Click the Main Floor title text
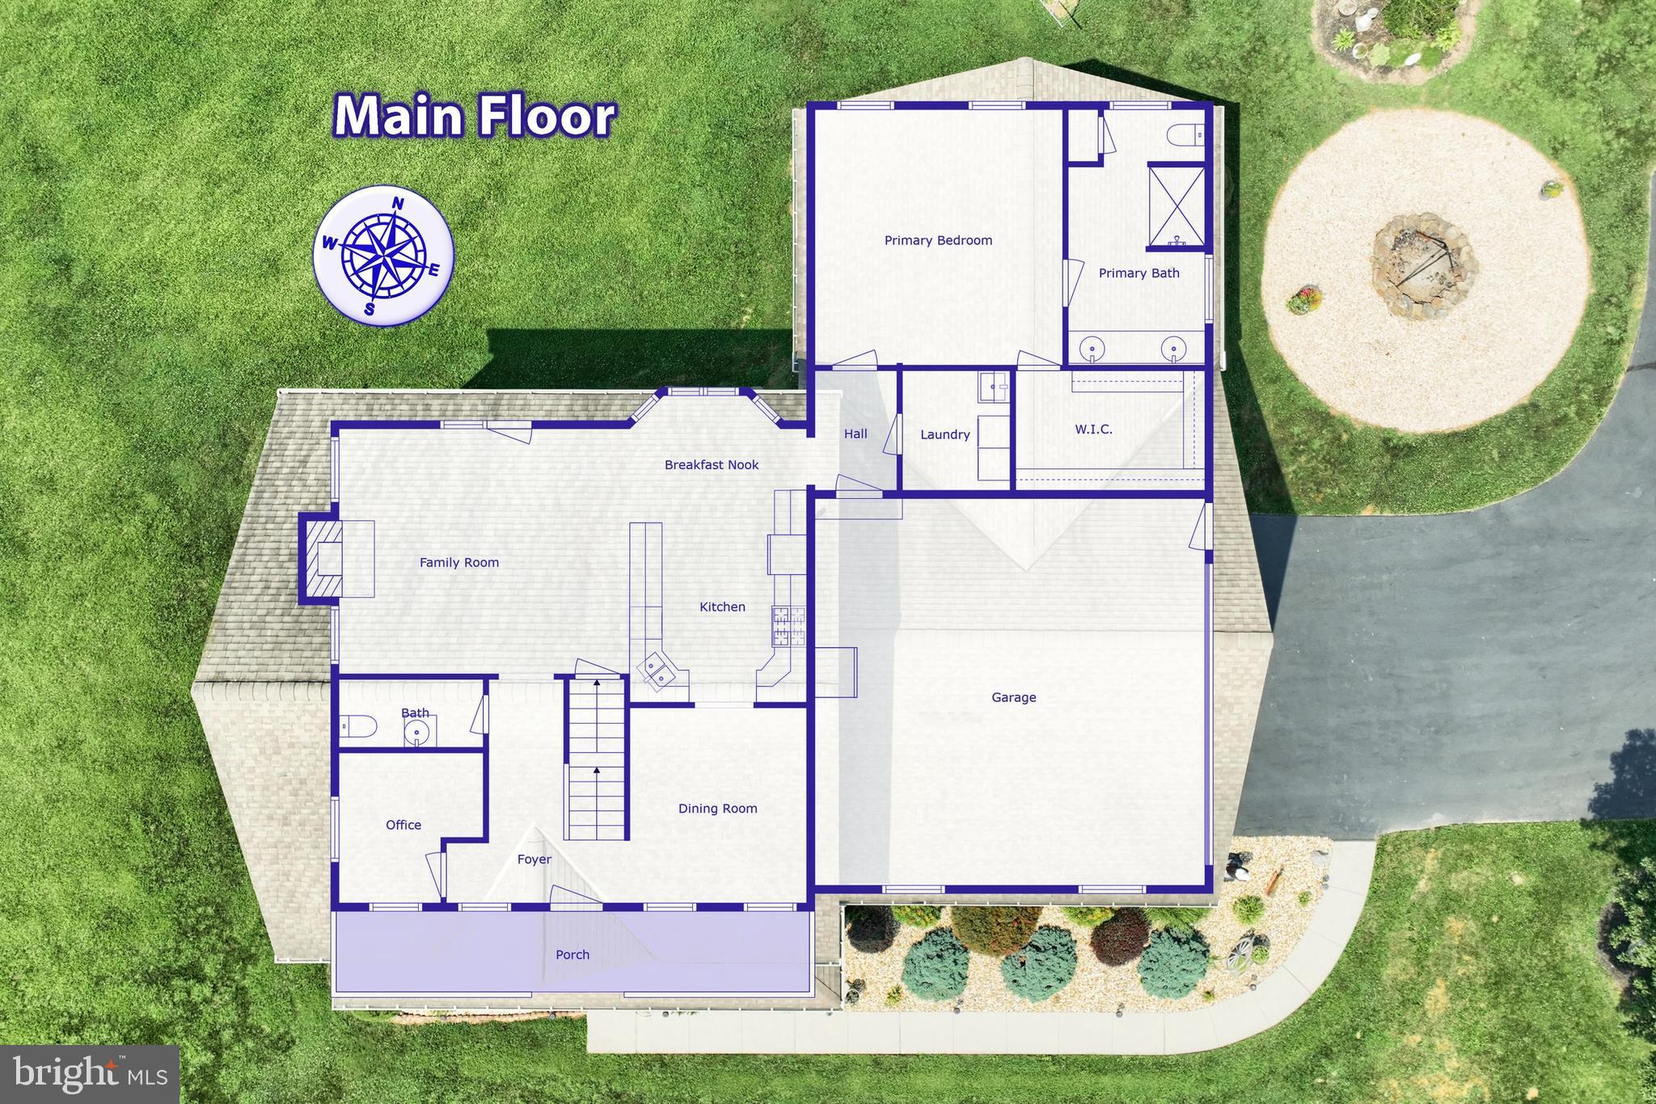[475, 116]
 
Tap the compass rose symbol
[383, 256]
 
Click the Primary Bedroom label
[938, 240]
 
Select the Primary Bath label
[1138, 273]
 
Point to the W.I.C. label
[1093, 429]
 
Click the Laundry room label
[944, 435]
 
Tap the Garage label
[1013, 697]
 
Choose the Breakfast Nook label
[712, 465]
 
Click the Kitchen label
[722, 607]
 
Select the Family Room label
[458, 563]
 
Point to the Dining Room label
[717, 809]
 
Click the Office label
[403, 825]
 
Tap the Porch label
[572, 955]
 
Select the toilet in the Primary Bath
[1187, 135]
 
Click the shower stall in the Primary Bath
[1177, 205]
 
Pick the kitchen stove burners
[788, 626]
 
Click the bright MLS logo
[90, 1074]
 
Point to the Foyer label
[534, 860]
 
